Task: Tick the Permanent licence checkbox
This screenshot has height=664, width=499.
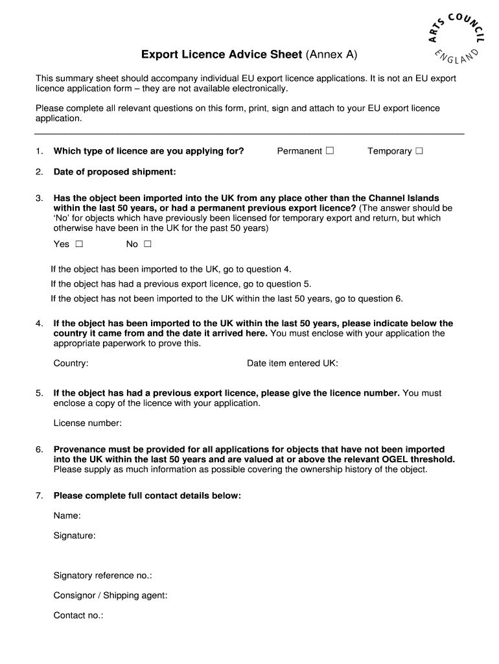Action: click(x=330, y=151)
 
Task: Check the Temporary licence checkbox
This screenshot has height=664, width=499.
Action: click(x=419, y=151)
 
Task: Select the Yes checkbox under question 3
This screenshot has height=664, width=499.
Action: click(x=79, y=244)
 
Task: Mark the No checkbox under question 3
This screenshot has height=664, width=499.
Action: click(x=148, y=244)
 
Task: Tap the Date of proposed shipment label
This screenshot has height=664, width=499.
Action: click(x=115, y=172)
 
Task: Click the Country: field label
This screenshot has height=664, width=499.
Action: click(x=71, y=364)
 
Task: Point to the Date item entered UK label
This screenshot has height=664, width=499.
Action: click(x=292, y=364)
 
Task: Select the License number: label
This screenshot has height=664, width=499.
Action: click(x=87, y=423)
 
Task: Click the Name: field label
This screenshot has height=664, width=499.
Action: click(x=67, y=516)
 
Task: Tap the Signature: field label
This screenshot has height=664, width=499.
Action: click(x=75, y=536)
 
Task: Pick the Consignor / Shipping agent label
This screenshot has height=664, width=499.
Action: click(x=110, y=595)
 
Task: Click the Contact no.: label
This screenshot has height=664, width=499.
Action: click(x=78, y=615)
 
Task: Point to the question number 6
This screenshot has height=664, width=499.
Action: click(x=39, y=449)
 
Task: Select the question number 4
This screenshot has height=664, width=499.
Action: click(x=39, y=324)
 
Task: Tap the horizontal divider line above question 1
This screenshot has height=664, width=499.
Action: click(x=250, y=134)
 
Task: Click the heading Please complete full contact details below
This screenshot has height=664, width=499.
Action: click(x=147, y=496)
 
